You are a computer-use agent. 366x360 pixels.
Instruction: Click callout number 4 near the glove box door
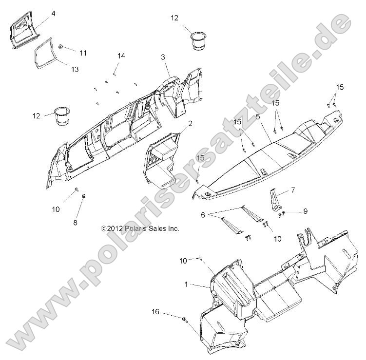[x=54, y=14]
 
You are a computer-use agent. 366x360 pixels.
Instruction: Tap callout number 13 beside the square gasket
[x=75, y=69]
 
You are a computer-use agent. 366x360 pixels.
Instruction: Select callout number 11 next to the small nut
[x=83, y=53]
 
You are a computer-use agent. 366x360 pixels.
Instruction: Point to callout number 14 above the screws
[x=121, y=56]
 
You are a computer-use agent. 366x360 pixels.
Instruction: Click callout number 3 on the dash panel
[x=163, y=57]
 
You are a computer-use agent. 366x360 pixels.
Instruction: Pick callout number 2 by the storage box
[x=190, y=124]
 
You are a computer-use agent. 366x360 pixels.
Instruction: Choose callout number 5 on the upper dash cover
[x=258, y=116]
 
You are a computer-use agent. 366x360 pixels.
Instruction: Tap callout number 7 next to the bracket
[x=293, y=190]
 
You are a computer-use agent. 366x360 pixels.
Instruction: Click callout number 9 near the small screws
[x=305, y=211]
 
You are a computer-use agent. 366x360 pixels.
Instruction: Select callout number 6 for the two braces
[x=203, y=215]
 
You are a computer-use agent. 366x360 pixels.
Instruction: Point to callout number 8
[x=75, y=223]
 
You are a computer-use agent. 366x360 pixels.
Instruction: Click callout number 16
[x=155, y=312]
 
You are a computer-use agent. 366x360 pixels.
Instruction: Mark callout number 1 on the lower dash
[x=186, y=284]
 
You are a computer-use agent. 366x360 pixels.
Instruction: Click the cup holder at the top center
[x=199, y=41]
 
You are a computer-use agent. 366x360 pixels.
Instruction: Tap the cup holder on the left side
[x=62, y=116]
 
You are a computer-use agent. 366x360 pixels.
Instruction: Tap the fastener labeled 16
[x=184, y=320]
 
